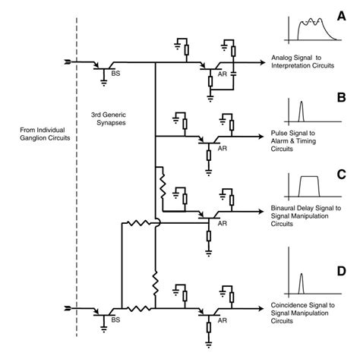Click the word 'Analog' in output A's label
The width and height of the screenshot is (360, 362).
click(x=282, y=60)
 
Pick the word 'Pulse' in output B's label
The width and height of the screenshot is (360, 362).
click(x=279, y=134)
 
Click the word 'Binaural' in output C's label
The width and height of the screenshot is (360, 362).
click(x=285, y=207)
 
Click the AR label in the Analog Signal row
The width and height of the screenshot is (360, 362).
click(x=223, y=77)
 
